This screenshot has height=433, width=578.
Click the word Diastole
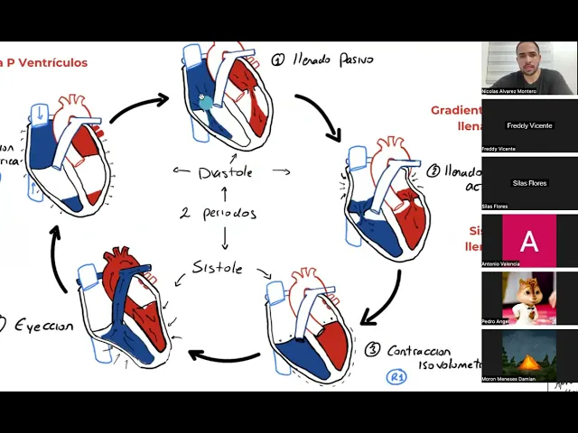tap(225, 171)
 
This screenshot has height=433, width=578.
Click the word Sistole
tap(217, 268)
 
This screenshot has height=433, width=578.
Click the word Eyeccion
tap(42, 326)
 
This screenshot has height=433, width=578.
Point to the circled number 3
tap(373, 349)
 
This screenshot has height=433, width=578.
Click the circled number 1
tap(277, 60)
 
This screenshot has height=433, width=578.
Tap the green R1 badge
tap(396, 377)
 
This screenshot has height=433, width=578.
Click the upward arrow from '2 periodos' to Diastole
tap(224, 192)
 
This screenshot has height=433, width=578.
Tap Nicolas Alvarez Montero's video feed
tap(528, 68)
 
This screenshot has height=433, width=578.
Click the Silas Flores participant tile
tap(528, 183)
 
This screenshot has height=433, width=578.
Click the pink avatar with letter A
tap(528, 241)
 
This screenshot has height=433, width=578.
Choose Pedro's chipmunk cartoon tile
tap(528, 299)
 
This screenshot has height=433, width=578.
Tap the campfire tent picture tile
tap(528, 355)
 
